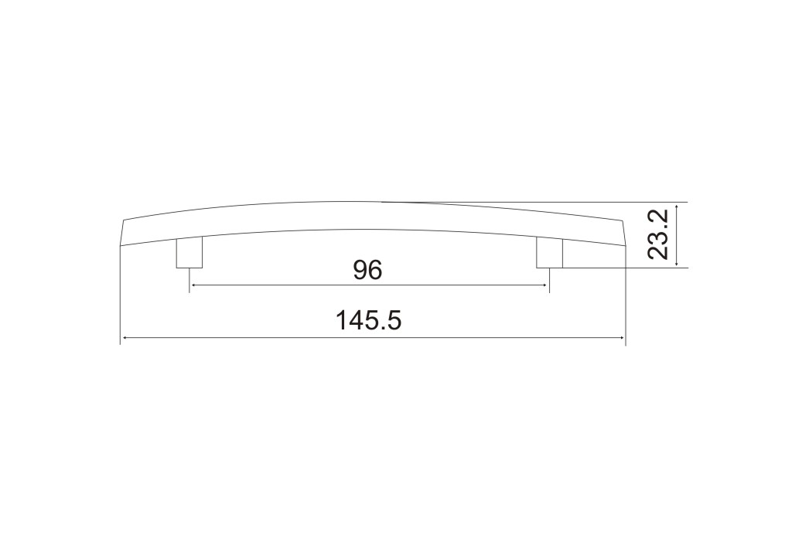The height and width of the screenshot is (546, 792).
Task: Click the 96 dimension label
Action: (367, 270)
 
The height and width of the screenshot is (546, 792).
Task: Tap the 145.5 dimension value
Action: (368, 320)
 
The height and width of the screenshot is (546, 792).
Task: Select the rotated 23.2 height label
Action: (658, 234)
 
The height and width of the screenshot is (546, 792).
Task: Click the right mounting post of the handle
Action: (549, 253)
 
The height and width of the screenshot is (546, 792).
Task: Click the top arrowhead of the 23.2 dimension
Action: (677, 206)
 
